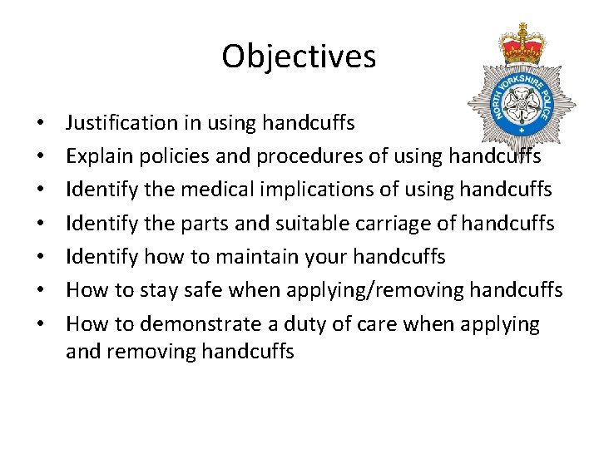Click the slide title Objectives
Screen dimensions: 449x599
click(299, 57)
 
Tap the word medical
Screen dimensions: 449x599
click(187, 190)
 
